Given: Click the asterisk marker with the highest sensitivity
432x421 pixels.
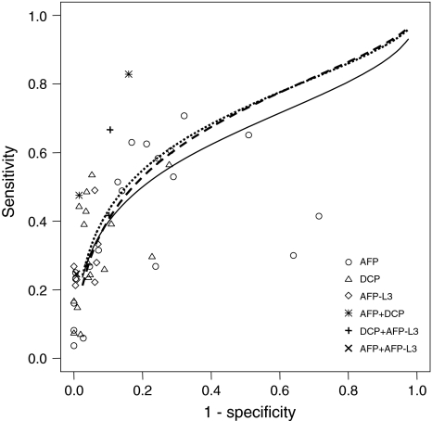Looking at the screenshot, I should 128,74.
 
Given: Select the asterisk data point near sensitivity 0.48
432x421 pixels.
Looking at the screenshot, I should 80,195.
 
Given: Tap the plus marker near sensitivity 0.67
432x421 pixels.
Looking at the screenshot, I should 110,130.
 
